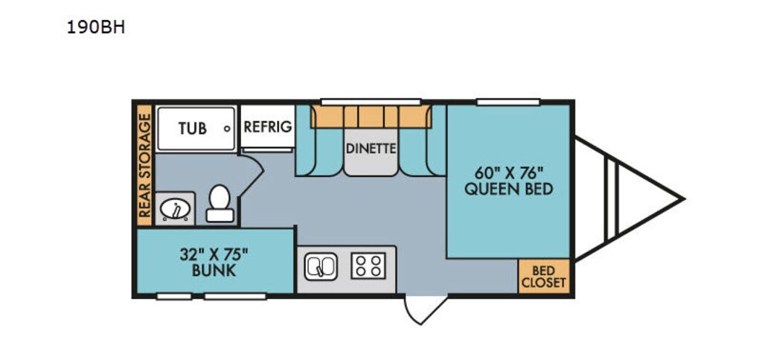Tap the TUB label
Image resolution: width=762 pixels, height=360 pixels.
(x=192, y=128)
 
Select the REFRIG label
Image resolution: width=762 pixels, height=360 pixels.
(x=267, y=126)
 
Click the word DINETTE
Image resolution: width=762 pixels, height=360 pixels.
(x=371, y=148)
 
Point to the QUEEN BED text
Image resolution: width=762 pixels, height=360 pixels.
(x=509, y=189)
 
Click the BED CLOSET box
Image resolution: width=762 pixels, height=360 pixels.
(x=543, y=276)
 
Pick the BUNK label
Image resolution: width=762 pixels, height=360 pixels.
(x=214, y=271)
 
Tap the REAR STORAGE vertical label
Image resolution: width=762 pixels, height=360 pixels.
(x=144, y=167)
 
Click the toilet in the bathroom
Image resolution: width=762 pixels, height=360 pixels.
(x=219, y=203)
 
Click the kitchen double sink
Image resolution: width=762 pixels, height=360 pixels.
(x=321, y=266)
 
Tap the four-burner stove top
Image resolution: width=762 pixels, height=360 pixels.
(x=368, y=266)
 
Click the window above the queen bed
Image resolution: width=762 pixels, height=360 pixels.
(x=497, y=102)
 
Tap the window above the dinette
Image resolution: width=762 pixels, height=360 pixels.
(x=360, y=102)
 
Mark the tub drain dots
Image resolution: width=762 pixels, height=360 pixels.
(x=227, y=128)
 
